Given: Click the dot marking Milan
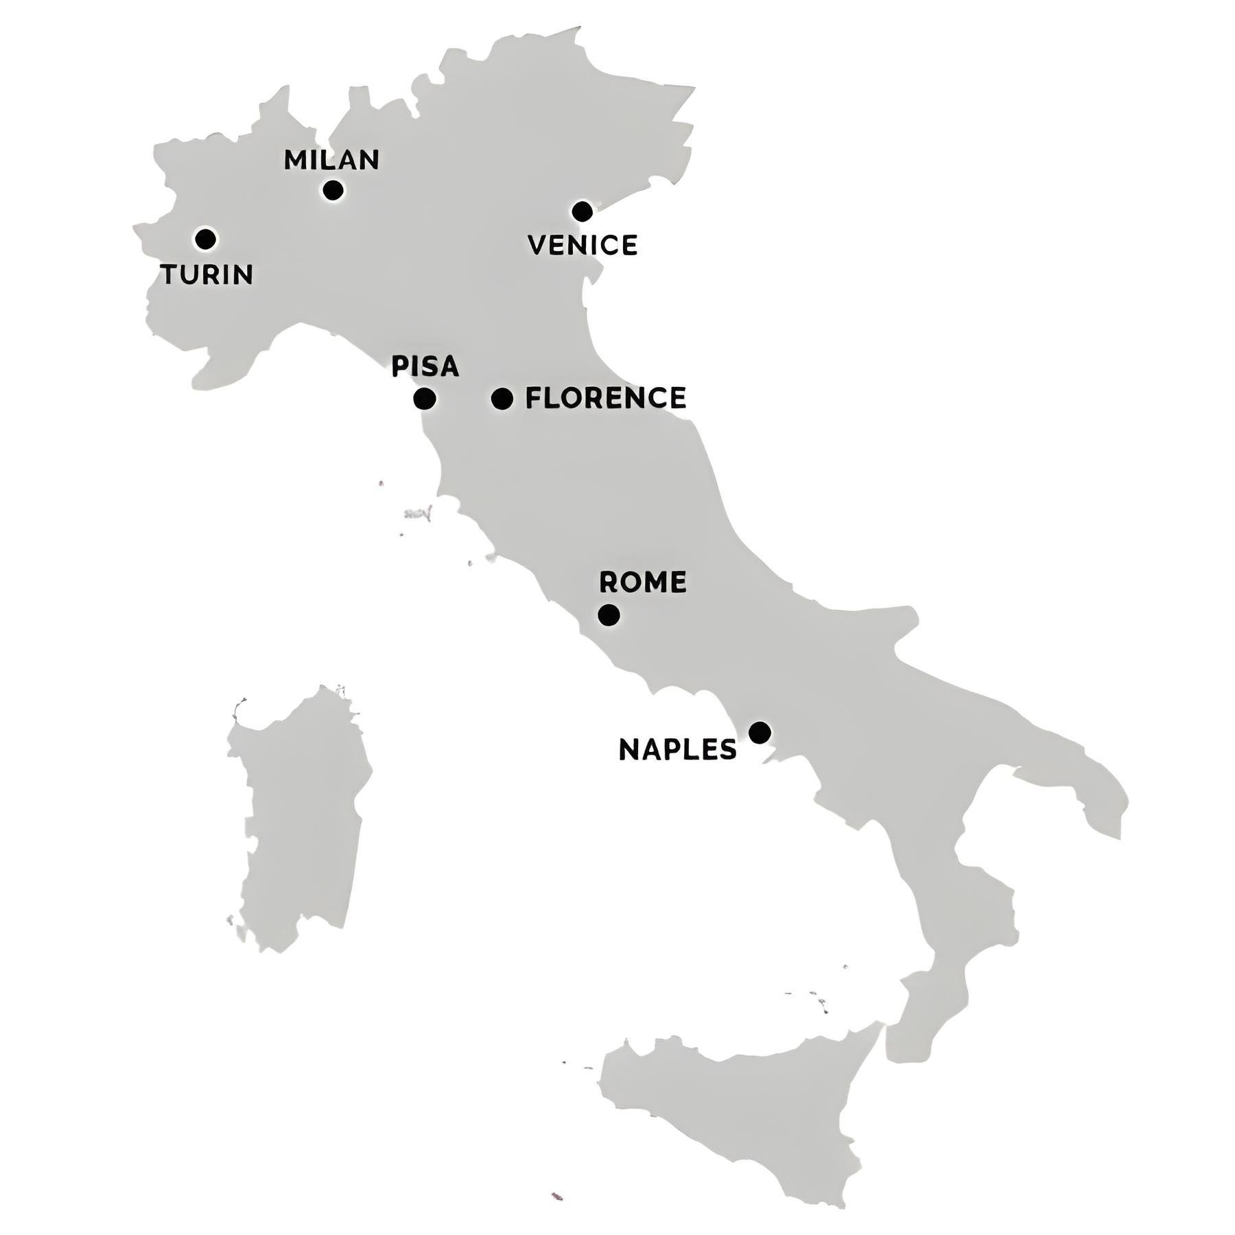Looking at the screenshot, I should (333, 190).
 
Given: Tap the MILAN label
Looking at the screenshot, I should (331, 160).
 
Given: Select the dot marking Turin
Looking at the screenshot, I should (205, 239).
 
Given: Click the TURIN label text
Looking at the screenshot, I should (207, 274).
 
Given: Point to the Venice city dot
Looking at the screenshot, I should (582, 211).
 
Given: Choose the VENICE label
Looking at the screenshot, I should (583, 246).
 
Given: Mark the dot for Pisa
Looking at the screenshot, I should (425, 399).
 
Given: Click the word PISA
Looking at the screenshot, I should (425, 366).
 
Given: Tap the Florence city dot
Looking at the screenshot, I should (502, 399).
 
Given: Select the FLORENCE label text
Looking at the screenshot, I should (606, 399).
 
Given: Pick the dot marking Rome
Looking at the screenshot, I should (609, 615).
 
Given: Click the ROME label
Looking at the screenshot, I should (643, 583).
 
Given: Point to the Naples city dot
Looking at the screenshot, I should (759, 733).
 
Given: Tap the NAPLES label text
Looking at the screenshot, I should (678, 750).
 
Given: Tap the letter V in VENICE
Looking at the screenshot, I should (538, 246).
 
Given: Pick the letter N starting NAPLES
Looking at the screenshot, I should (628, 750).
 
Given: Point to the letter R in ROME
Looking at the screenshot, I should (609, 583).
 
